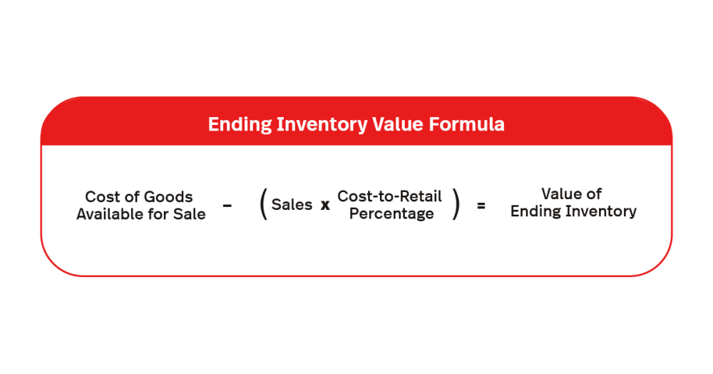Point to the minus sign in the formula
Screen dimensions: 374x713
(227, 206)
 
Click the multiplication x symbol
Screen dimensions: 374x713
(325, 206)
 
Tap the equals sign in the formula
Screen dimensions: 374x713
(481, 206)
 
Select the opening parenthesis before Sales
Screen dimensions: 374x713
(263, 206)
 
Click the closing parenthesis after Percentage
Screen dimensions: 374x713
(456, 206)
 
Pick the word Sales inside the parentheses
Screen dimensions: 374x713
(292, 205)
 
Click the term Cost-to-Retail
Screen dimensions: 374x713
(389, 196)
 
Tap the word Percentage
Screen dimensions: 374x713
(391, 214)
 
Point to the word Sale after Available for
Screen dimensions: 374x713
(189, 214)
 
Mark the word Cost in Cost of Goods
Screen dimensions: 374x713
(100, 197)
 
